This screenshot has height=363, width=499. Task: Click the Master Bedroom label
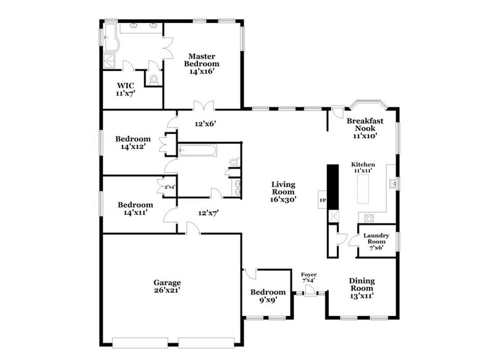click(202, 64)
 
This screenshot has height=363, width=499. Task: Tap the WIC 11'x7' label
click(126, 90)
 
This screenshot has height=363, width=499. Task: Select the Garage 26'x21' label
click(167, 286)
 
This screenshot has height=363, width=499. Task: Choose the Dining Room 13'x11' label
click(362, 288)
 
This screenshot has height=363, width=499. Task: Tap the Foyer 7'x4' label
click(308, 277)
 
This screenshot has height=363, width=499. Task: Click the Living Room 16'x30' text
click(283, 192)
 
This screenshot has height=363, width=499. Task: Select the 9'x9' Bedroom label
click(268, 296)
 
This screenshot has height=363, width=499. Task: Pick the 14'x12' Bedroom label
click(133, 143)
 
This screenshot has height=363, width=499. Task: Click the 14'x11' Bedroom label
click(135, 209)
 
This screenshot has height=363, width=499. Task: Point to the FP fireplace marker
click(321, 201)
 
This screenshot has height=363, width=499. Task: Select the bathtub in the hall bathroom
click(197, 150)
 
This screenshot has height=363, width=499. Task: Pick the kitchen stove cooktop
click(369, 217)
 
